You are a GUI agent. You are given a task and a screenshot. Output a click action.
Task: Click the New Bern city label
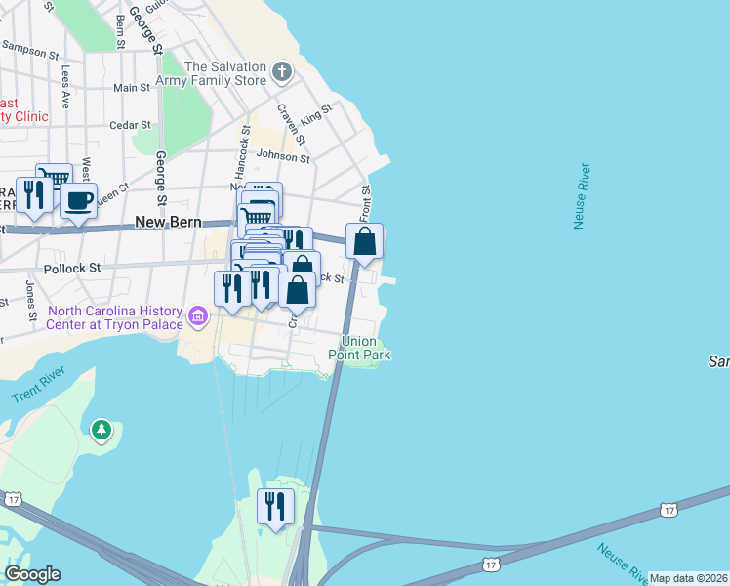168,222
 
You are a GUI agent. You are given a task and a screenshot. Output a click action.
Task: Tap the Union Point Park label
365,349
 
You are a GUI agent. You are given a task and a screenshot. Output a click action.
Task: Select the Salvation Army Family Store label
225,73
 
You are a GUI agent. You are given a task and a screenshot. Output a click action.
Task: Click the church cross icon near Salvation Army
282,71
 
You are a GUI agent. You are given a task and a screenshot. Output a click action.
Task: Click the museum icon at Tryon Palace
198,316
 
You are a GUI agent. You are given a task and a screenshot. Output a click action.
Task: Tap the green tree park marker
101,430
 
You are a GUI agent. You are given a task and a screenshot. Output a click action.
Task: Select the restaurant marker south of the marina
274,507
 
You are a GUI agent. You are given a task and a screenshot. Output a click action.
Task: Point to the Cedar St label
130,125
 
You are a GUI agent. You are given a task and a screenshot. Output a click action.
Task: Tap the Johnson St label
283,155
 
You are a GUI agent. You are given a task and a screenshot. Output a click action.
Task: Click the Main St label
132,88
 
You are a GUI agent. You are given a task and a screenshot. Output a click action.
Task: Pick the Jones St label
31,292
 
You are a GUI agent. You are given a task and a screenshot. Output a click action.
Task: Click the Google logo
32,573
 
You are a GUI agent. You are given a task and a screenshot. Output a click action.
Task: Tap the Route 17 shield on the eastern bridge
668,510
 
